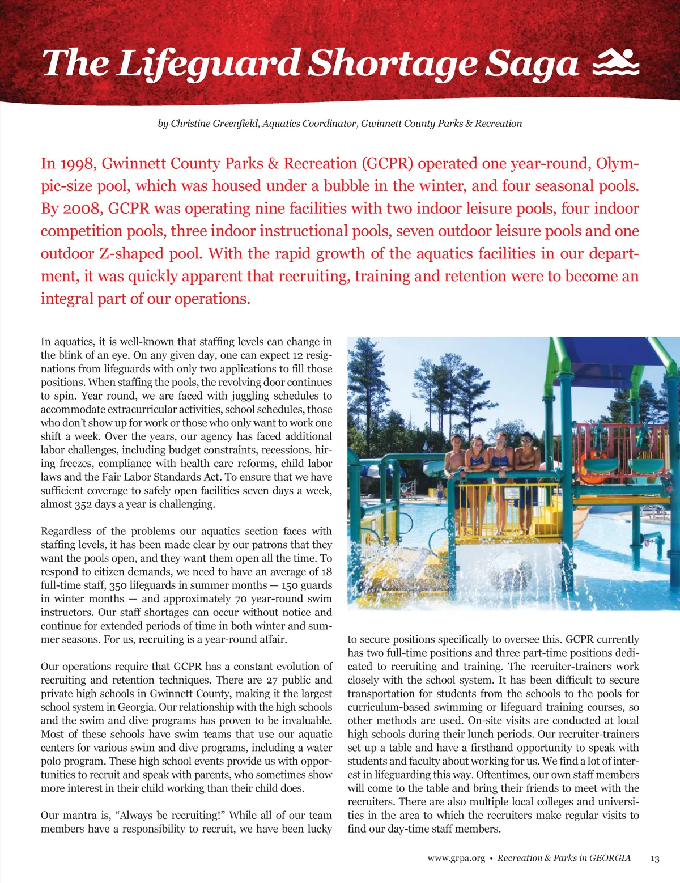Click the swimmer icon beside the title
pyautogui.click(x=615, y=62)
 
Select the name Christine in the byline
pyautogui.click(x=191, y=124)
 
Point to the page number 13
pyautogui.click(x=654, y=859)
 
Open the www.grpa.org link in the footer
pyautogui.click(x=456, y=859)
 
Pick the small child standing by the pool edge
pyautogui.click(x=440, y=492)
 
